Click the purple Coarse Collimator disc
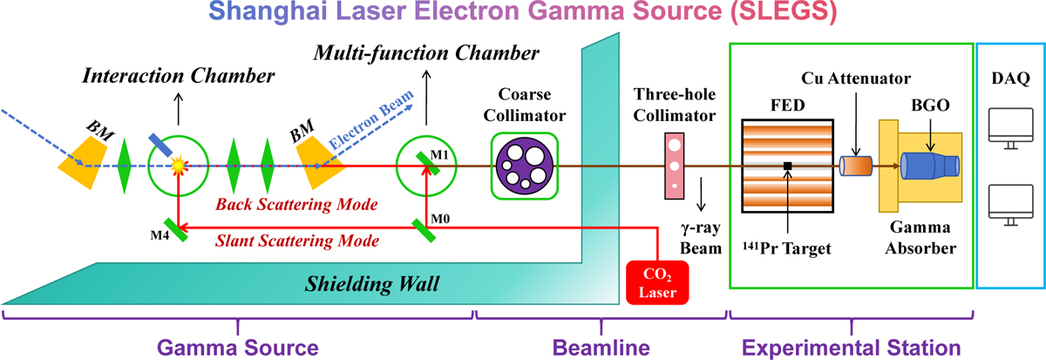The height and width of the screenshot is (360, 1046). click(523, 165)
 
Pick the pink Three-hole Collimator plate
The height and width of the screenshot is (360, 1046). click(673, 163)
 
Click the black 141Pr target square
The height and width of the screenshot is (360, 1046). click(786, 165)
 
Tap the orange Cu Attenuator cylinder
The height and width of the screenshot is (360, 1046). click(857, 166)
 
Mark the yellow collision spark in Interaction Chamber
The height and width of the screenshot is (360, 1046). click(178, 164)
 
